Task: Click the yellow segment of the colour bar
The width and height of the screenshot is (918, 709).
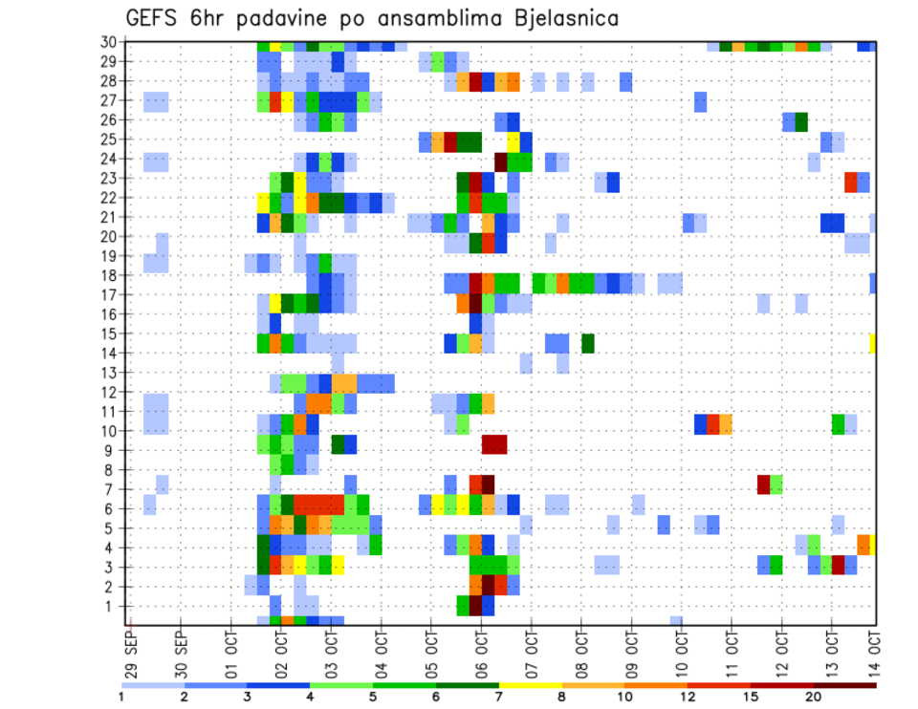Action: pyautogui.click(x=531, y=685)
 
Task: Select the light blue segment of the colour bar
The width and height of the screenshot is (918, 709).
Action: pyautogui.click(x=153, y=685)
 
